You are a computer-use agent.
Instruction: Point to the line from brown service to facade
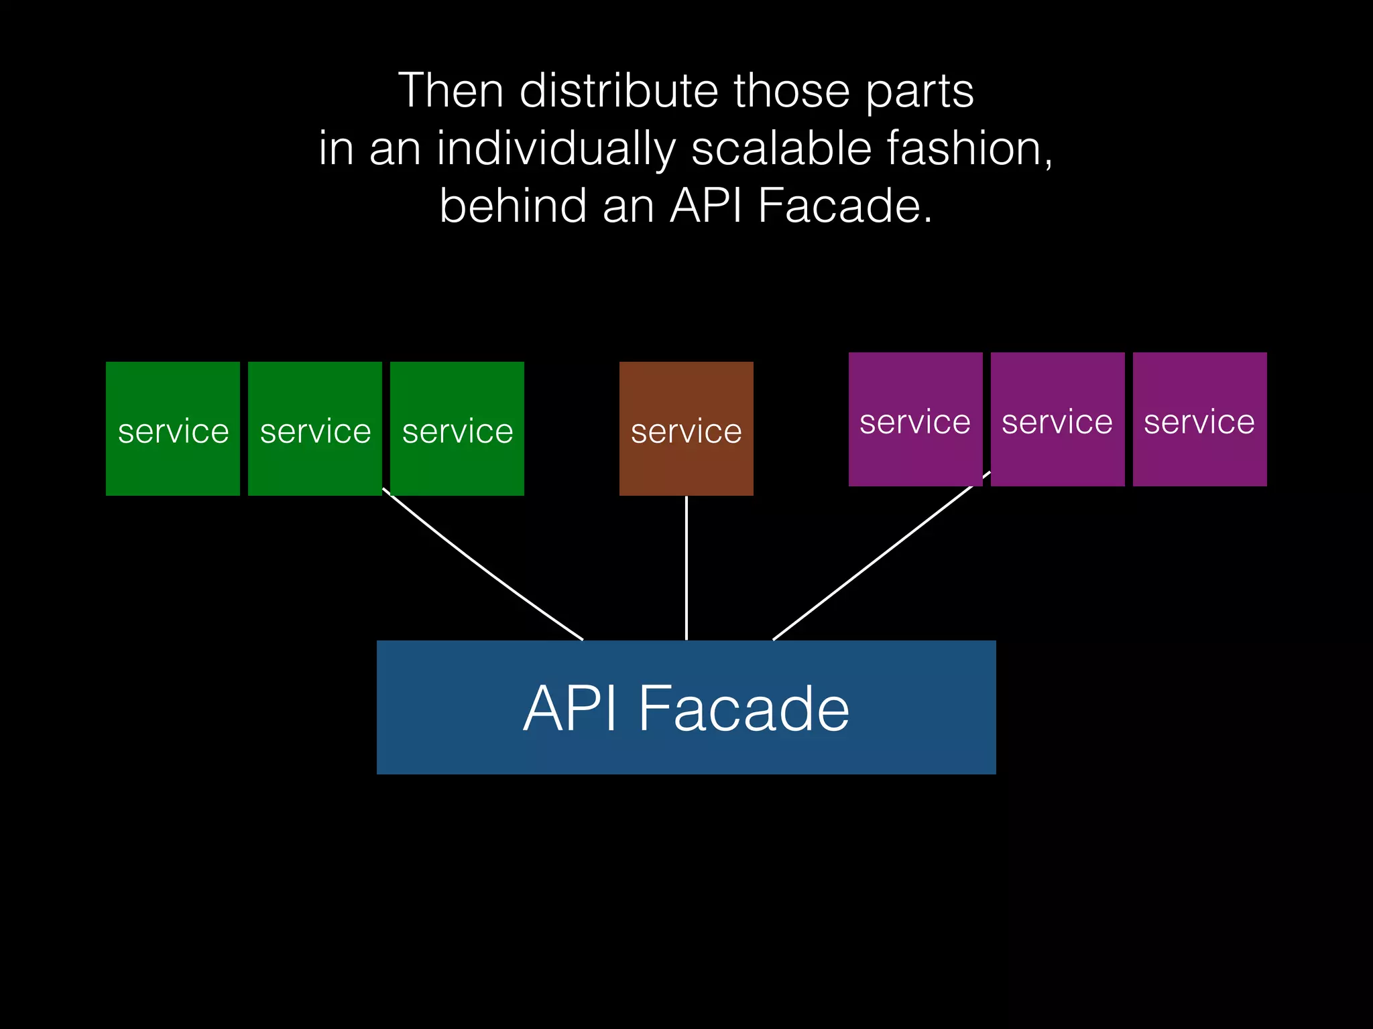(686, 568)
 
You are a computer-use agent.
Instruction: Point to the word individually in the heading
(556, 149)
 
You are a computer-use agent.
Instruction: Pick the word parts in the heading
(919, 92)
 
